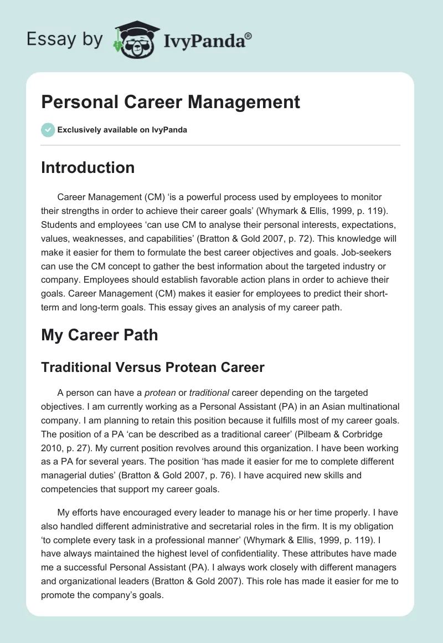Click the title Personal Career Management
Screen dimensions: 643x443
pyautogui.click(x=171, y=102)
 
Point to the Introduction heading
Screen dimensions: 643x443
pyautogui.click(x=87, y=167)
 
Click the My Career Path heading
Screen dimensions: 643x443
pyautogui.click(x=99, y=335)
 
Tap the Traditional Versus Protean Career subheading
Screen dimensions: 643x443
pyautogui.click(x=153, y=366)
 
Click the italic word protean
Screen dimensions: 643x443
pyautogui.click(x=161, y=392)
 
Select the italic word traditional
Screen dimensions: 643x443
pyautogui.click(x=209, y=392)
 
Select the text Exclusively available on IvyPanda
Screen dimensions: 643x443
pyautogui.click(x=122, y=130)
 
